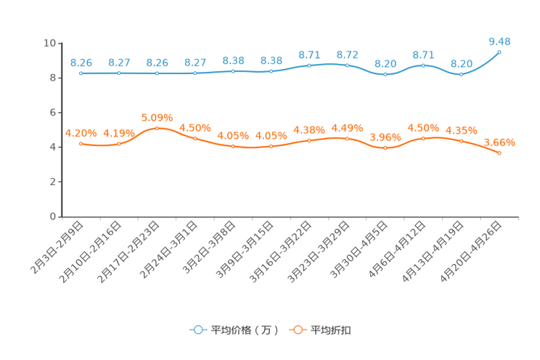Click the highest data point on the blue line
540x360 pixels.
click(x=499, y=52)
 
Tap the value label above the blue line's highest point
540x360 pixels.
click(x=499, y=41)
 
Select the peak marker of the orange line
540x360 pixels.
click(x=157, y=128)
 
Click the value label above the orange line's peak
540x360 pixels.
click(x=157, y=118)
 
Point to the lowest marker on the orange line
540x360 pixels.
click(x=499, y=153)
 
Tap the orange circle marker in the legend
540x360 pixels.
click(x=297, y=330)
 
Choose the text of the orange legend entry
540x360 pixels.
click(x=332, y=330)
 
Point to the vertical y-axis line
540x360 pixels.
click(x=62, y=129)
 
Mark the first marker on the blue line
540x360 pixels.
click(x=81, y=73)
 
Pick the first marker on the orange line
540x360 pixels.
click(x=81, y=144)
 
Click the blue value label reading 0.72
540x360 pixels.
click(x=347, y=54)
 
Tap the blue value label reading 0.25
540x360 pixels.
click(x=157, y=62)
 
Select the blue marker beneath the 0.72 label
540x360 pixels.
click(x=347, y=65)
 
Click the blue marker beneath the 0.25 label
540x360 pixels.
click(x=157, y=73)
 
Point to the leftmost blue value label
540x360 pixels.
click(x=81, y=62)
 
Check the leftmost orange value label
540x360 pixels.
click(x=81, y=132)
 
